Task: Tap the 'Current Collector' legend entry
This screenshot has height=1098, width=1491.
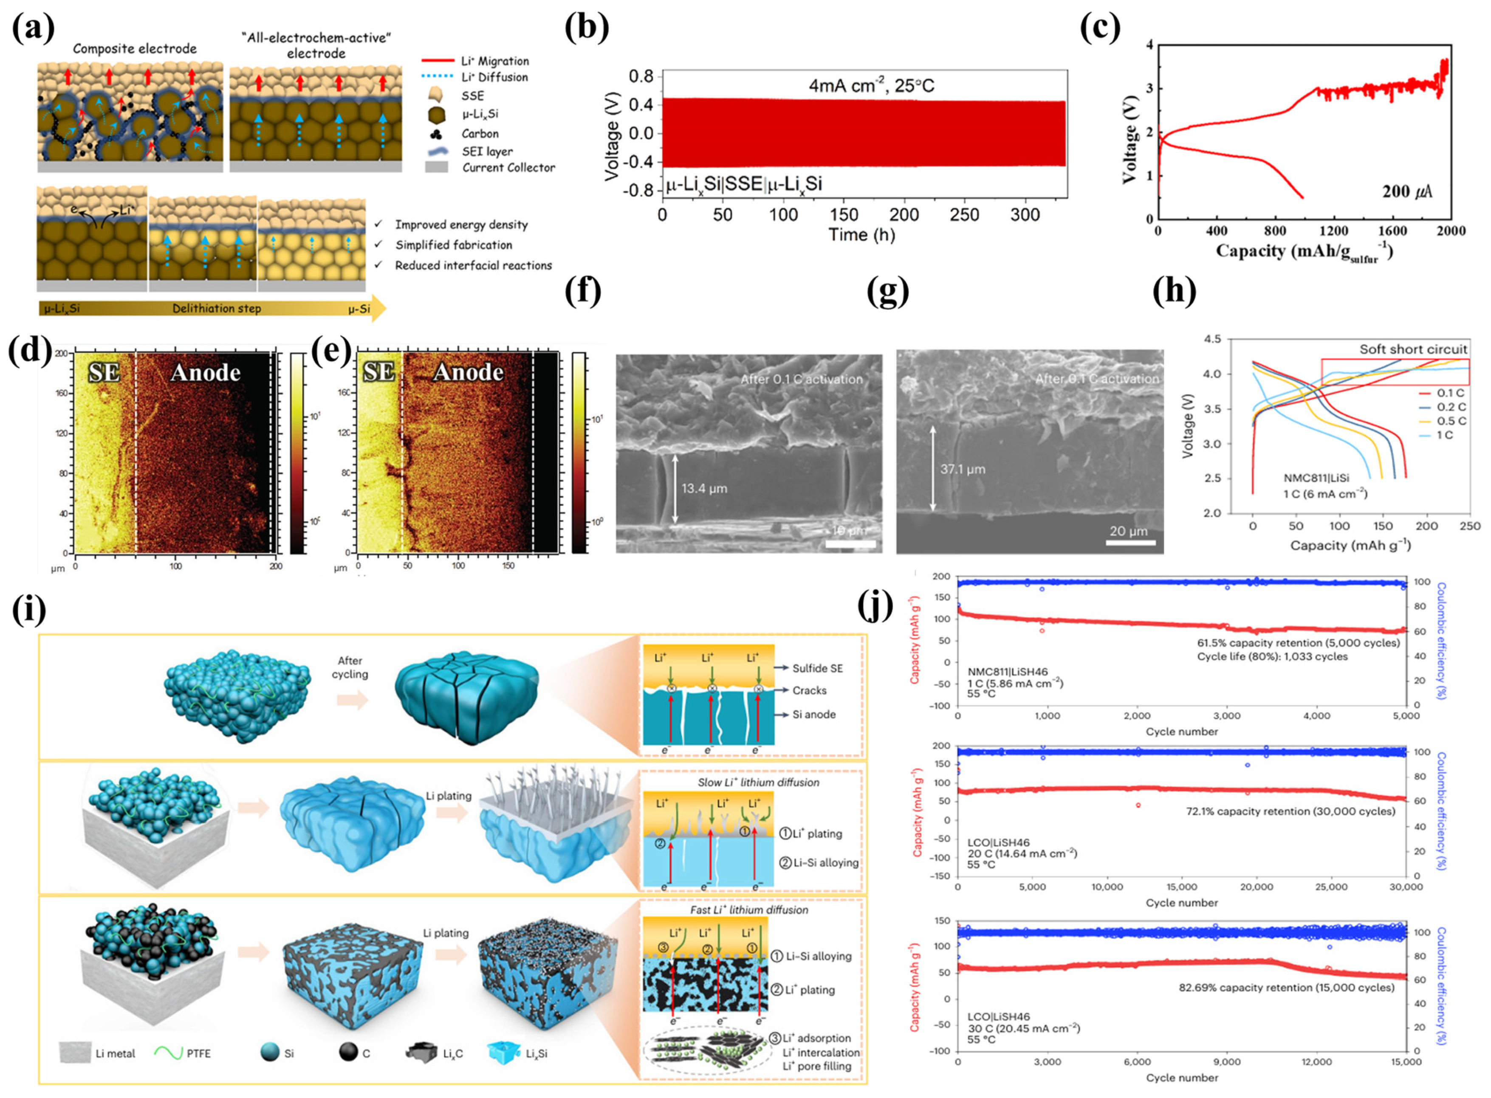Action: [x=508, y=167]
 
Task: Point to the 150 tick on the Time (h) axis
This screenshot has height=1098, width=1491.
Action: [x=843, y=215]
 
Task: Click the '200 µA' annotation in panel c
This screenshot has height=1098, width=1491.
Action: [x=1406, y=191]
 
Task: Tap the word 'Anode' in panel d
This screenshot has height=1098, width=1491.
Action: [x=206, y=372]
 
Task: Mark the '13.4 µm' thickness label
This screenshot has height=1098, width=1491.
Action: [x=704, y=489]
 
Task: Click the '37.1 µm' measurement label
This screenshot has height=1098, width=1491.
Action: [x=962, y=469]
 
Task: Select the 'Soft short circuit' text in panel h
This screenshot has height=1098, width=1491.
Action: [x=1412, y=349]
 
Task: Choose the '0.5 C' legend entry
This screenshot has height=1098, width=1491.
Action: [x=1451, y=421]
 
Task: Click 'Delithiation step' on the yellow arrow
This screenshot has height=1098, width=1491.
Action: [x=217, y=308]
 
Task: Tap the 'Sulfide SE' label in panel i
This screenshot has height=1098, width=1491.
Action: [x=817, y=668]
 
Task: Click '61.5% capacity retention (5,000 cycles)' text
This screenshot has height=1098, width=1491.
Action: [x=1298, y=643]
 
